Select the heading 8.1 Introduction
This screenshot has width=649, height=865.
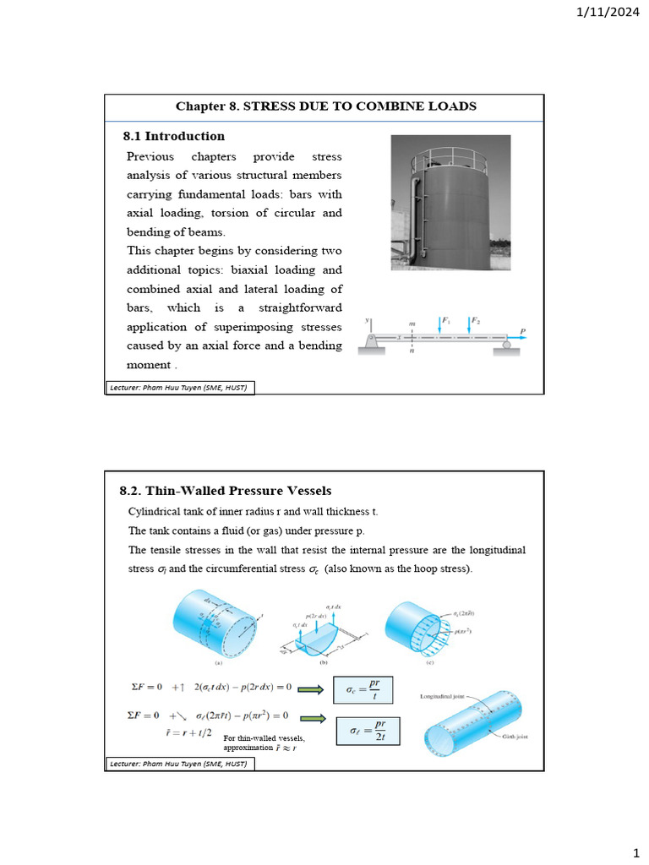coord(174,136)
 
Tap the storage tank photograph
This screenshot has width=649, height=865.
coord(450,203)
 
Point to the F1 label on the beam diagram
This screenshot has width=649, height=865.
coord(447,321)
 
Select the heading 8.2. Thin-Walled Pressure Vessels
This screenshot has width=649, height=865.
coord(226,491)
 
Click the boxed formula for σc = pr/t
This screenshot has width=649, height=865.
coord(363,689)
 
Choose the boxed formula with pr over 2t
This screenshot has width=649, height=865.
coord(368,731)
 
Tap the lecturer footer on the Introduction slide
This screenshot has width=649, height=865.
coord(179,388)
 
